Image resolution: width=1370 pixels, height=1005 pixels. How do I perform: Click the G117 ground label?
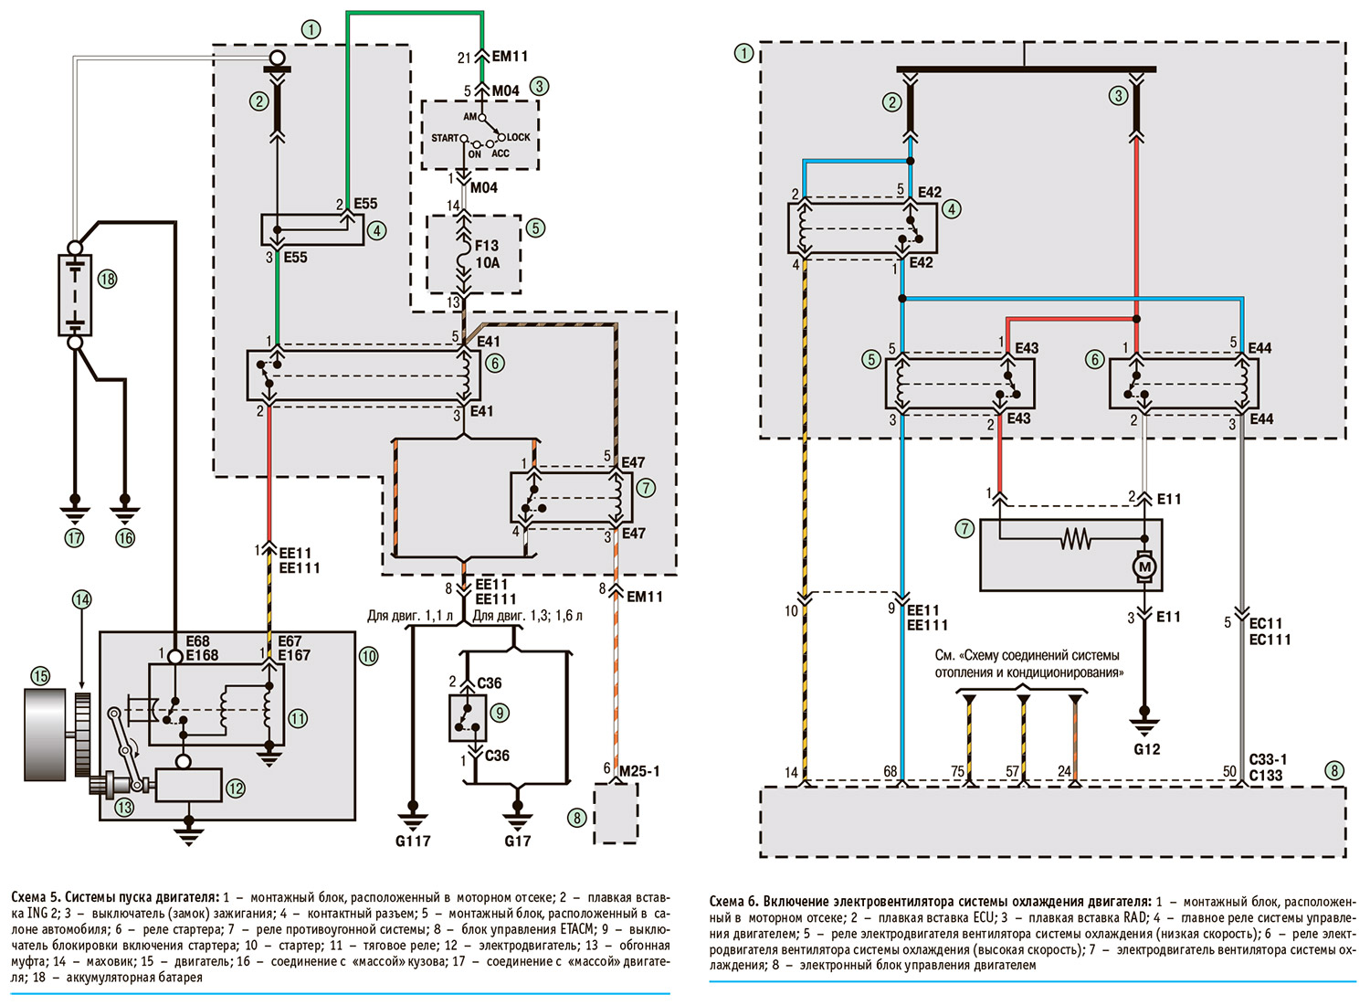[x=413, y=841]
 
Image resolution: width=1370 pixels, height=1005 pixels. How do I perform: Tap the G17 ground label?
[x=518, y=841]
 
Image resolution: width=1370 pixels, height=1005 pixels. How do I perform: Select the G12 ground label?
[x=1146, y=749]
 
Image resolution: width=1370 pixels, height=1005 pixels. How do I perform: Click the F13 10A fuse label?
[x=487, y=254]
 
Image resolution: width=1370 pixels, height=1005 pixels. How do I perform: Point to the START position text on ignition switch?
[x=445, y=138]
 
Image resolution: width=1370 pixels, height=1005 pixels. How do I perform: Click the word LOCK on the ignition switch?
[x=519, y=138]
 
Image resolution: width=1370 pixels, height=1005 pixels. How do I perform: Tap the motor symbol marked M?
[x=1143, y=566]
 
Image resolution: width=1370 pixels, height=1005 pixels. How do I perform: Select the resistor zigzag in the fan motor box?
[x=1075, y=539]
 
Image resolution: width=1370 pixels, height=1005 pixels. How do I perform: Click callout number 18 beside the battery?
[x=108, y=279]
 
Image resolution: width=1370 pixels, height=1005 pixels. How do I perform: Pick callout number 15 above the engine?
[x=41, y=676]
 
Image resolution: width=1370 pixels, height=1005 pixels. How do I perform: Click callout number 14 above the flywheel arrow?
[x=82, y=599]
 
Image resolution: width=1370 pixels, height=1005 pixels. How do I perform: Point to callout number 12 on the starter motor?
[x=237, y=788]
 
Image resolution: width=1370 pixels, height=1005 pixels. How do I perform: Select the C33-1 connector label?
[x=1268, y=760]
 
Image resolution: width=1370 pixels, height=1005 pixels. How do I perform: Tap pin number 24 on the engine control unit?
[x=1064, y=772]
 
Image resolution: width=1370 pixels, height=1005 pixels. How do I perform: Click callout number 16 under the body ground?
[x=125, y=538]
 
